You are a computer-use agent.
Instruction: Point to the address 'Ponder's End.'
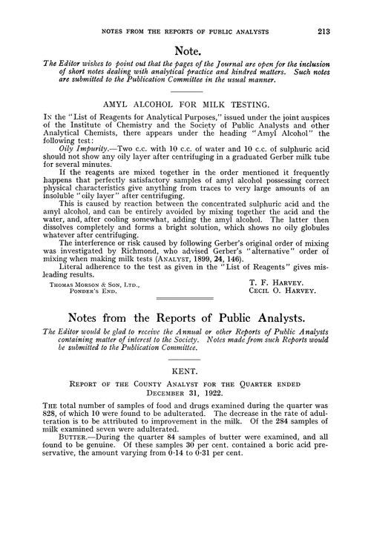(93, 311)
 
